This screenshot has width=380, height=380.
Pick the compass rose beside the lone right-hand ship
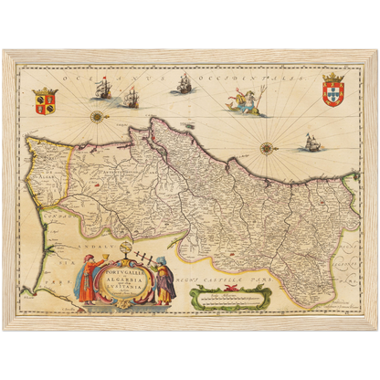pos(267,147)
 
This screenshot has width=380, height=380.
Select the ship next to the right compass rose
pos(310,142)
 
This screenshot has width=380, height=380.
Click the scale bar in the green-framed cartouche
pos(228,295)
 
